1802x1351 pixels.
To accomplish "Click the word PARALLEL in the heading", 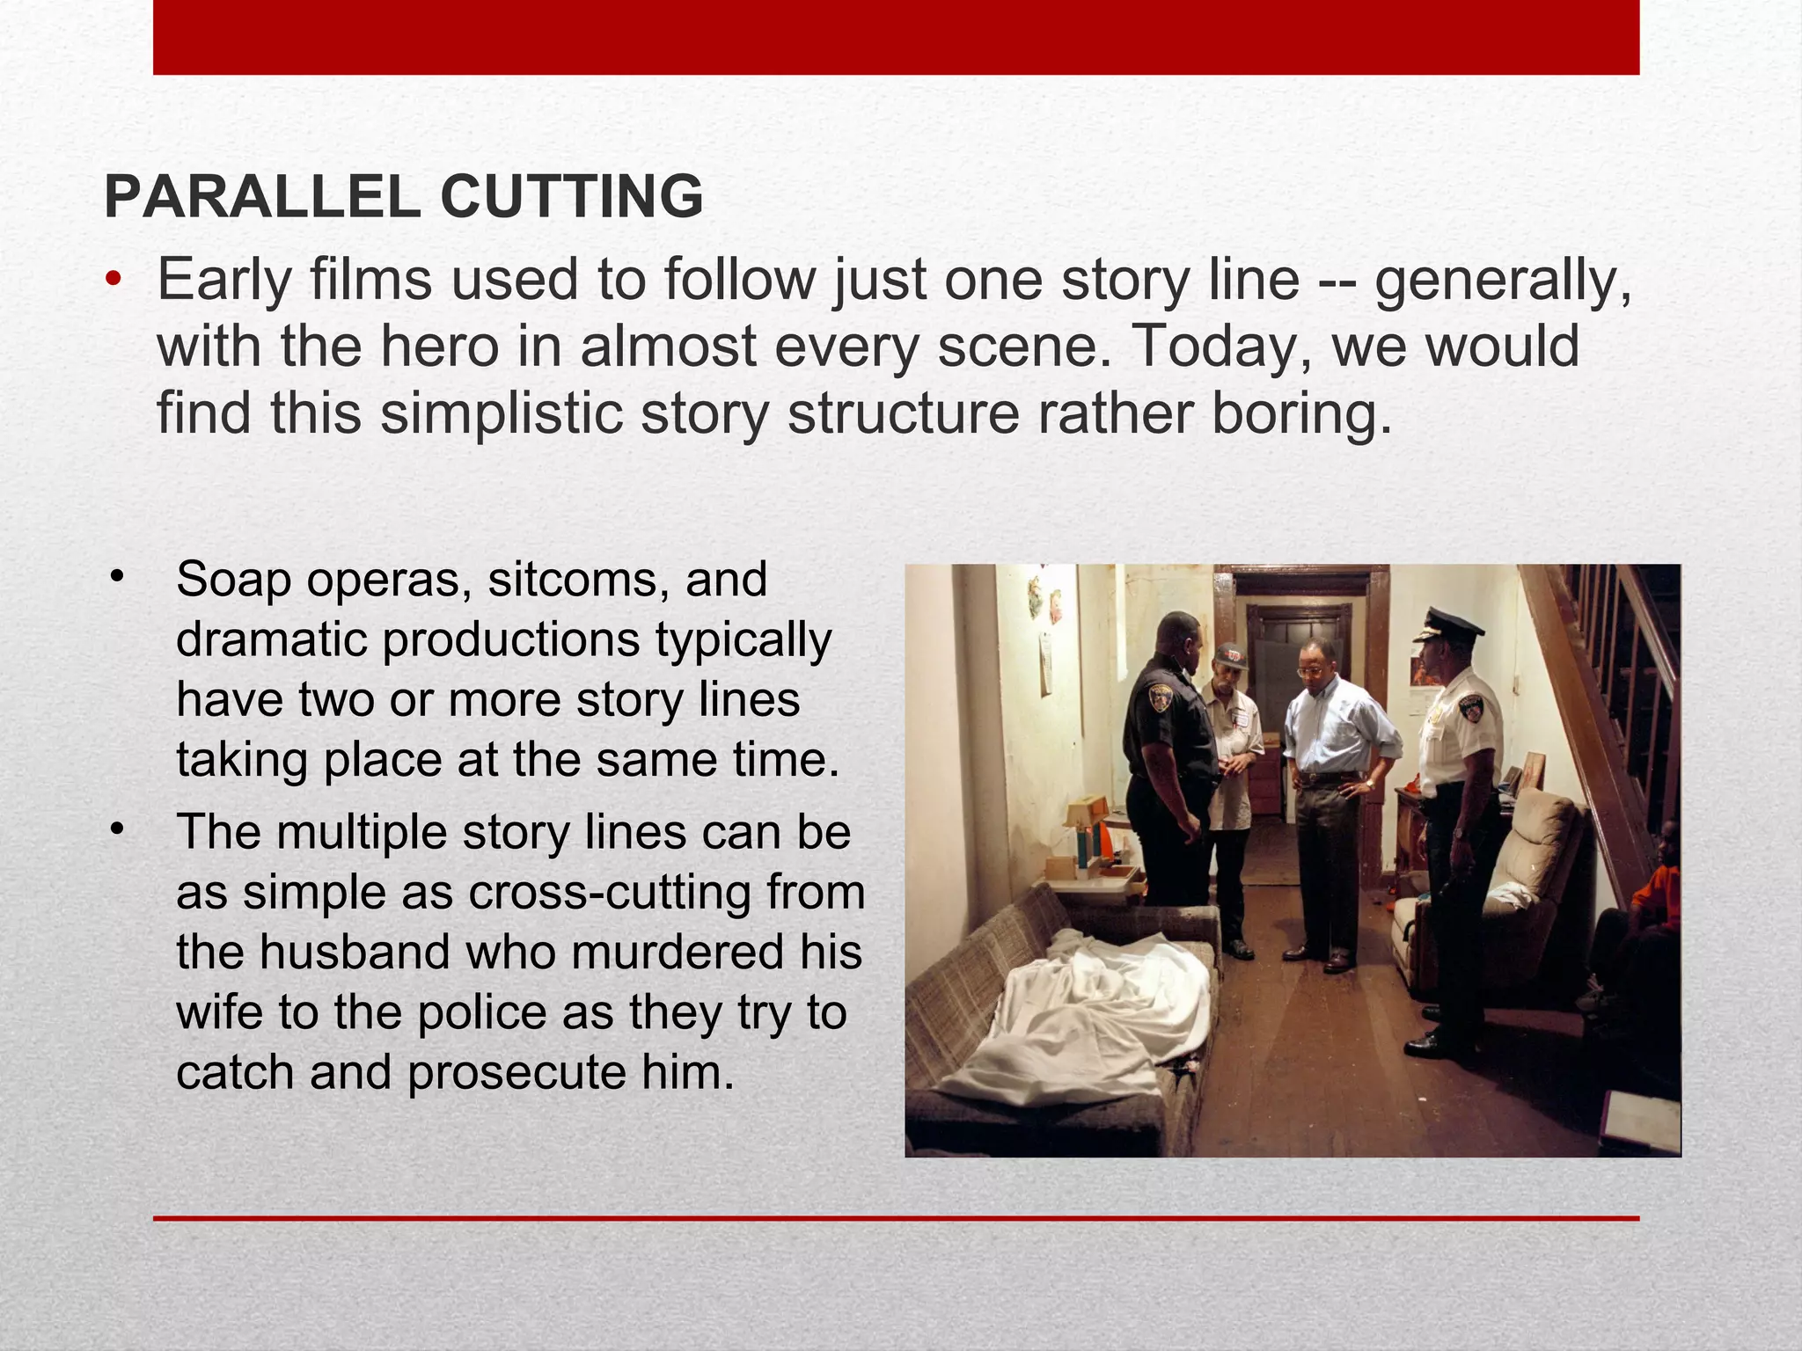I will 262,197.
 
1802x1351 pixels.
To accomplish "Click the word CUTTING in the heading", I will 571,197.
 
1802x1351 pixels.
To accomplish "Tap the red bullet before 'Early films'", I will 112,281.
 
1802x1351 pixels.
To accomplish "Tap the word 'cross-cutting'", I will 610,893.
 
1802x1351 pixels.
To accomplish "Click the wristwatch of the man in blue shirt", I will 1369,782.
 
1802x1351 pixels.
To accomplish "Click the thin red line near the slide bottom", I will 896,1218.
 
